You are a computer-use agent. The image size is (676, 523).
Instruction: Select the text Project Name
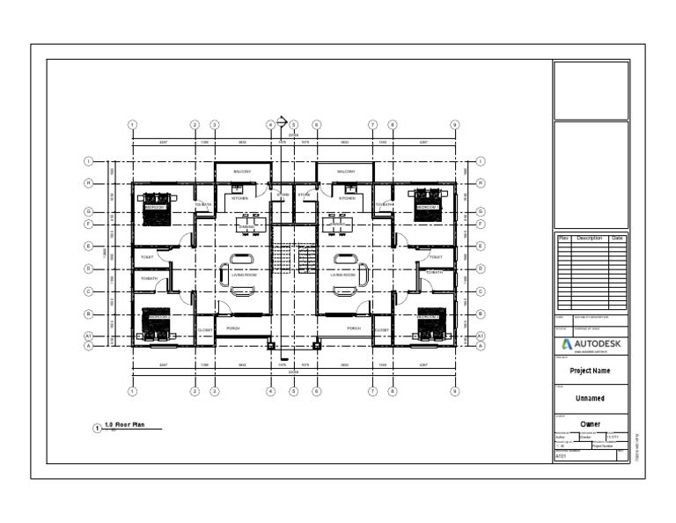click(x=591, y=371)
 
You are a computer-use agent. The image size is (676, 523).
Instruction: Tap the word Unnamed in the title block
click(x=590, y=398)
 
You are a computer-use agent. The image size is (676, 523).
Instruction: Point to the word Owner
click(x=590, y=424)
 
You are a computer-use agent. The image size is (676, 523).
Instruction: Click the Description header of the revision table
click(x=587, y=239)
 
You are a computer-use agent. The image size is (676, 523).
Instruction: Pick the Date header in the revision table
click(x=618, y=239)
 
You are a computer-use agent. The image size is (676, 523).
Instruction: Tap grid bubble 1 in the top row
click(x=131, y=124)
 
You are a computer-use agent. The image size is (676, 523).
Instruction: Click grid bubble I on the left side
click(x=88, y=161)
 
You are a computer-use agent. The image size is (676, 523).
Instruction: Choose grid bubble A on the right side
click(x=481, y=346)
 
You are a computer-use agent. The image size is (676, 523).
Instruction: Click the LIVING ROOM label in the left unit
click(x=243, y=275)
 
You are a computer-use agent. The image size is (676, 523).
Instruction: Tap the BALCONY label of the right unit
click(x=345, y=172)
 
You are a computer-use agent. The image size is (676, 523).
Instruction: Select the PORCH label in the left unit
click(x=233, y=328)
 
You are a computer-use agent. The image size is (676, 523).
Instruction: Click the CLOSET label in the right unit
click(x=382, y=330)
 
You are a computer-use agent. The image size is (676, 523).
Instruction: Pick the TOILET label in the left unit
click(x=147, y=257)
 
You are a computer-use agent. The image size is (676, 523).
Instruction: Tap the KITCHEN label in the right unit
click(x=347, y=198)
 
